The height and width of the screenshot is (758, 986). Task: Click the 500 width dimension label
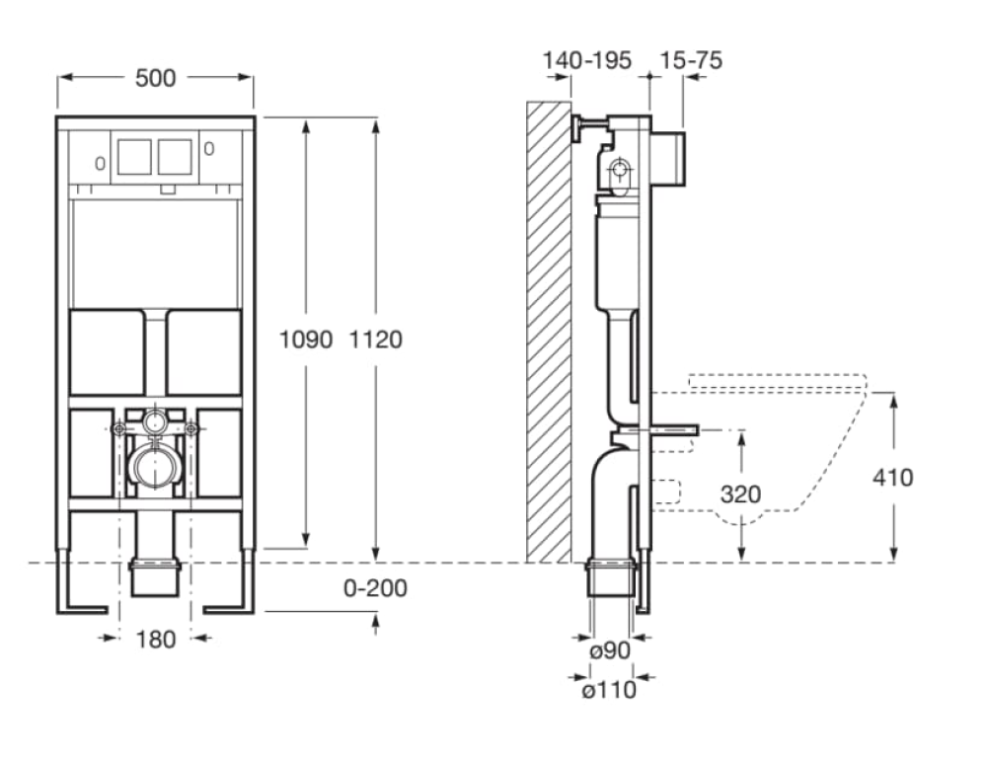click(155, 78)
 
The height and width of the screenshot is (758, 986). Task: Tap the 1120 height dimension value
click(375, 340)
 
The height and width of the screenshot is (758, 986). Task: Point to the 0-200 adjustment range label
click(375, 588)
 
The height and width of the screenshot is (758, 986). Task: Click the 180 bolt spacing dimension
click(155, 639)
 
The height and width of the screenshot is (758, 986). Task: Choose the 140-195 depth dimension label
click(587, 60)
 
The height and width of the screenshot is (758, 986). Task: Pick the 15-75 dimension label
click(692, 60)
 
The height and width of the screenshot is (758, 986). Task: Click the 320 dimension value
click(740, 493)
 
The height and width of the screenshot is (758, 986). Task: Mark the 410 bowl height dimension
click(892, 478)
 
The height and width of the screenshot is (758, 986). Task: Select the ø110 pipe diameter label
click(608, 690)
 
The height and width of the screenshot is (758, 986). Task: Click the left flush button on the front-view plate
click(134, 155)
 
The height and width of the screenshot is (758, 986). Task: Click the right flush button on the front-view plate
click(175, 155)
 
